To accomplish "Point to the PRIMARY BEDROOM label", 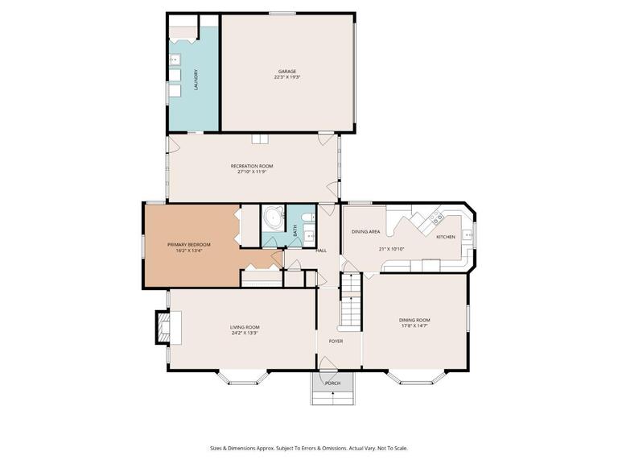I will point(188,244).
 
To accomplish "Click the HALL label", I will point(321,251).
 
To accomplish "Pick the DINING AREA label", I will point(365,232).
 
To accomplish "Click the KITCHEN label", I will point(446,237).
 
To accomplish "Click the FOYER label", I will point(336,341).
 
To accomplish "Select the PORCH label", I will point(332,383).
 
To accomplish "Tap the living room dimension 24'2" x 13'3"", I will point(245,331).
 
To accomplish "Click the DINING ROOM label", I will point(414,320).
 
